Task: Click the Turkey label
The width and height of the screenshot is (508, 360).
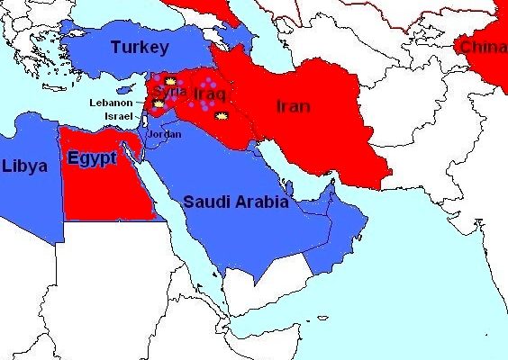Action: pos(140,47)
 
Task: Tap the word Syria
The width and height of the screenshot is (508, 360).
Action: pos(169,92)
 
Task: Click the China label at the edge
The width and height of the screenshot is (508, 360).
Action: pos(483,47)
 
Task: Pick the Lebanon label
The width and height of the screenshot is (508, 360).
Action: pos(111,103)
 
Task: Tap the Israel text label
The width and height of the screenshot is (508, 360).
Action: pos(118,117)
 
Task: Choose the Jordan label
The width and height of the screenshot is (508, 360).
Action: pos(165,134)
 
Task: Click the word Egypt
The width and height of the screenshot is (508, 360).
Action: pos(91,158)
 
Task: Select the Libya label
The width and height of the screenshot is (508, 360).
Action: pos(24,166)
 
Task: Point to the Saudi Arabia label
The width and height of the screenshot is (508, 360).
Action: pos(236,202)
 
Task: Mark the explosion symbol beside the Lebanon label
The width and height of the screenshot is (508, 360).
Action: pos(159,103)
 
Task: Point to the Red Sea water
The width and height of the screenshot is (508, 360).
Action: pos(180,225)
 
